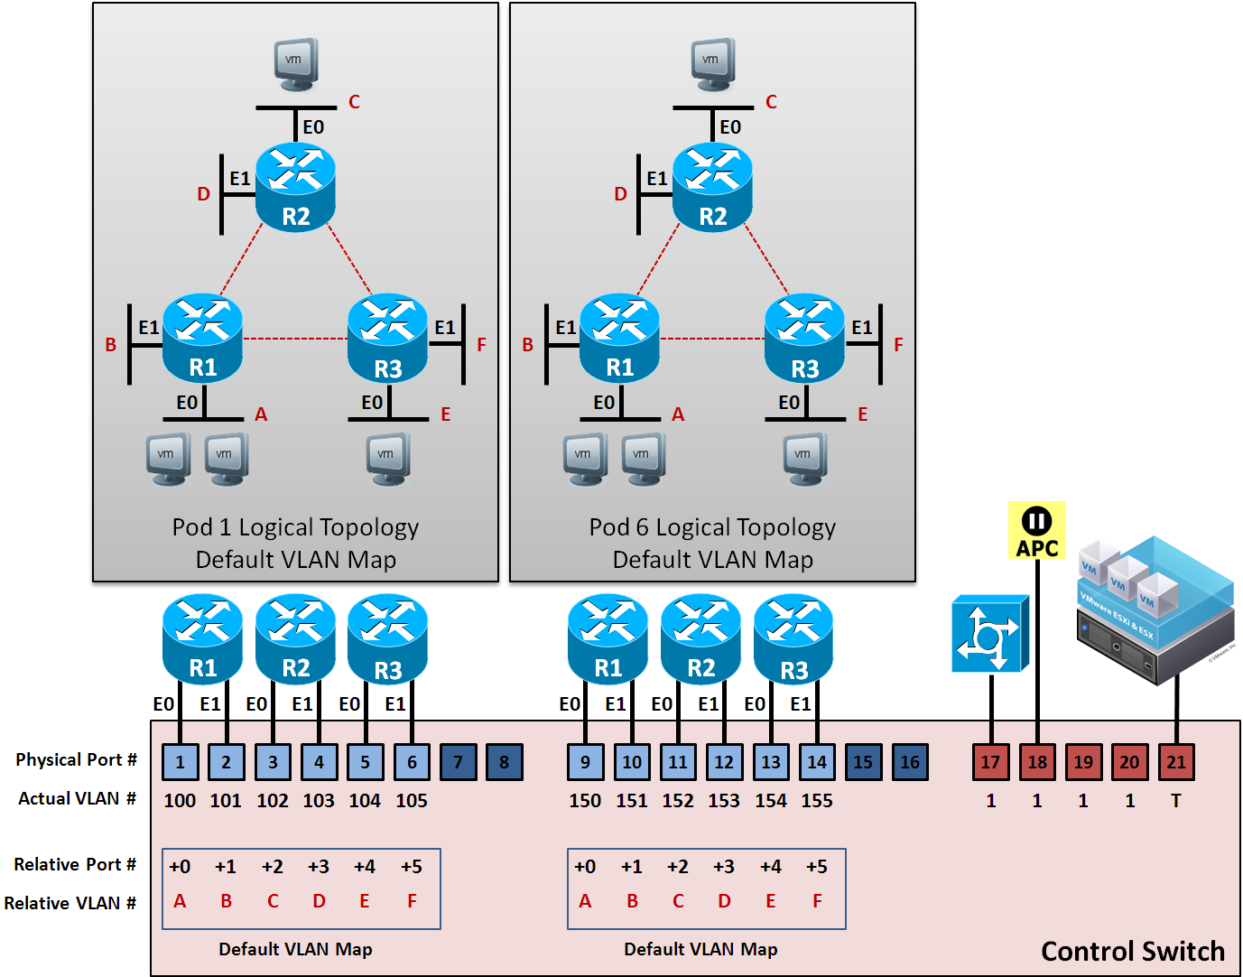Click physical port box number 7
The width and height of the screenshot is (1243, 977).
click(458, 762)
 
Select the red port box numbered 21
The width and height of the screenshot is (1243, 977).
click(1175, 762)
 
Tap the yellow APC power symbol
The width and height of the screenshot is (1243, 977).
click(1036, 531)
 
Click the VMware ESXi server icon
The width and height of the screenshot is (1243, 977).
click(1156, 609)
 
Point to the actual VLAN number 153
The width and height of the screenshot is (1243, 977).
click(724, 801)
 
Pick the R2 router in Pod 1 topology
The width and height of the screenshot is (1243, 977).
click(295, 187)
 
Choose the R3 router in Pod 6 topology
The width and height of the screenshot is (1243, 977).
click(804, 338)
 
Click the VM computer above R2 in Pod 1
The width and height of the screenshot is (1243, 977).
click(296, 64)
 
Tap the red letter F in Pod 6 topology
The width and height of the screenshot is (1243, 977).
click(898, 345)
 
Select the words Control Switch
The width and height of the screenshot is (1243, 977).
click(1132, 951)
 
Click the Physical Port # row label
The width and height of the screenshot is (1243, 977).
click(76, 760)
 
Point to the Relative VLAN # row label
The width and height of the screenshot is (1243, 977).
click(70, 903)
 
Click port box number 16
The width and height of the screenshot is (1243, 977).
click(909, 762)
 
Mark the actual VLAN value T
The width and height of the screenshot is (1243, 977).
click(1175, 801)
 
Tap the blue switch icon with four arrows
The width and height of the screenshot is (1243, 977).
click(990, 633)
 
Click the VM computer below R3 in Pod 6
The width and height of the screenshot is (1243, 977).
click(803, 459)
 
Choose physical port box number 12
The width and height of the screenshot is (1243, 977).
click(724, 762)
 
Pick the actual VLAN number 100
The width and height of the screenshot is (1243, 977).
click(180, 801)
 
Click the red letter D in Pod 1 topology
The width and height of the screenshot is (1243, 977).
click(203, 194)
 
